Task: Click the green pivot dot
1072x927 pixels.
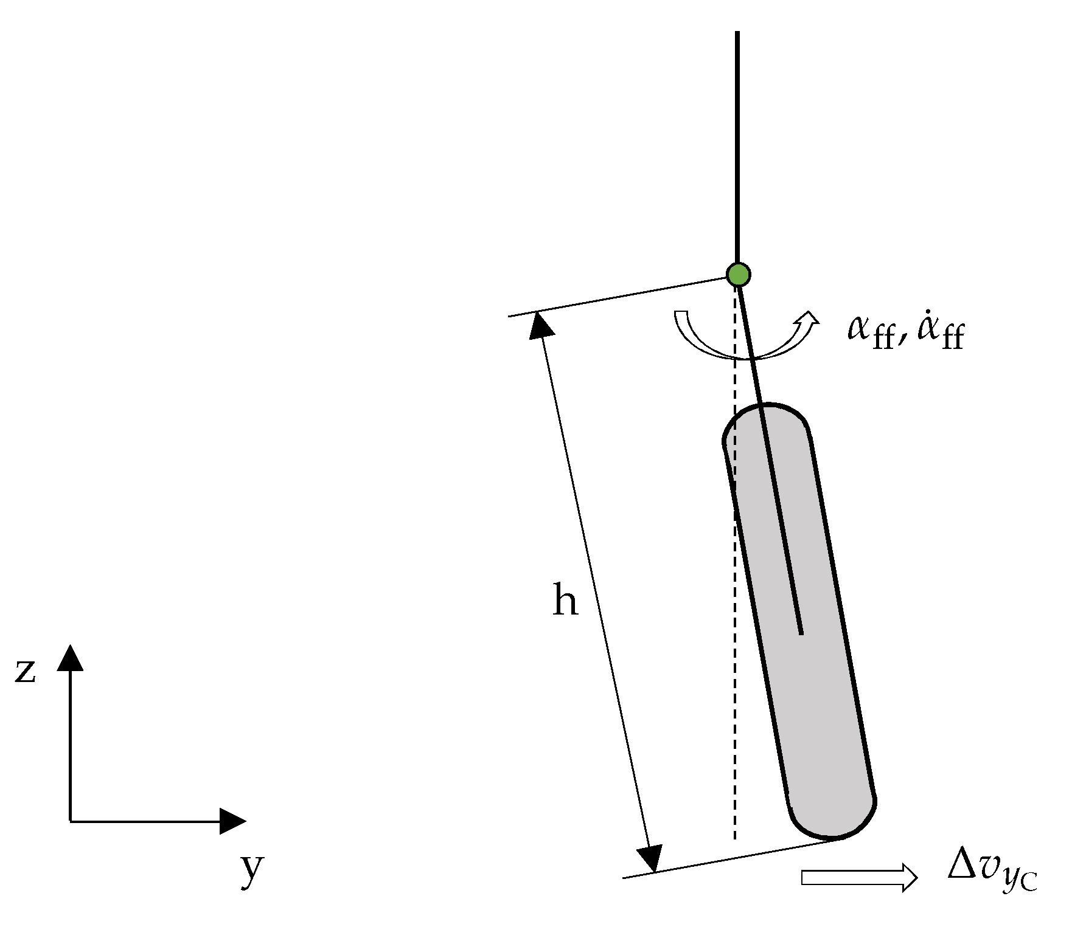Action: click(738, 275)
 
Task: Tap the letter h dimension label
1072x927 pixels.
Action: click(565, 601)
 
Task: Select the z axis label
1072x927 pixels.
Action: click(26, 672)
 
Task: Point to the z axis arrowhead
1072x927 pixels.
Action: click(71, 658)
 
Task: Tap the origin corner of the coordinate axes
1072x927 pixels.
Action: click(71, 821)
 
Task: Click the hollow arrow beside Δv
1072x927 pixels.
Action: click(858, 877)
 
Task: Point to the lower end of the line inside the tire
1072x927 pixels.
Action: click(801, 633)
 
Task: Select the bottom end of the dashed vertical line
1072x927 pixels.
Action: click(735, 839)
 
